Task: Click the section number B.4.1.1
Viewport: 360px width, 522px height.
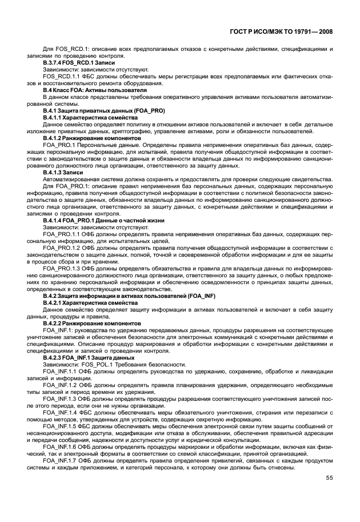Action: click(x=53, y=117)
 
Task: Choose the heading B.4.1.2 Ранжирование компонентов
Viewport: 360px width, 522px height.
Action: click(x=91, y=138)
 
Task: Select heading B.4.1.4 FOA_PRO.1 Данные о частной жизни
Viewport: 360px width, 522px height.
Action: click(x=99, y=220)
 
